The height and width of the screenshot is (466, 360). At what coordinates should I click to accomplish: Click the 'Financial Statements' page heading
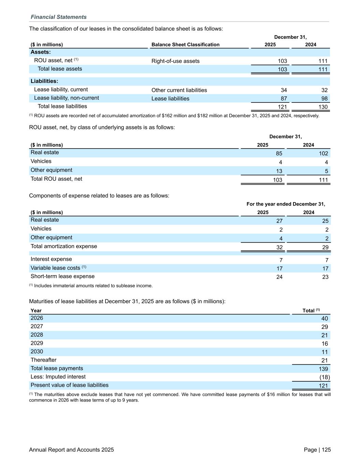58,17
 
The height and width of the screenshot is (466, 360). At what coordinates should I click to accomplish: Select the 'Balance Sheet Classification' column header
185,45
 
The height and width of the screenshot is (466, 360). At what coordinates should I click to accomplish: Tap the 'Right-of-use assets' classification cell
175,61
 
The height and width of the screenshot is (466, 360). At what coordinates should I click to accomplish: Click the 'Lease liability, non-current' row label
67,98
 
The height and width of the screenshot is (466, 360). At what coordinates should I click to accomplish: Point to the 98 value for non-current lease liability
324,99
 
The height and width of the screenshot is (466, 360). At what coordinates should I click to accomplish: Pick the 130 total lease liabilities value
323,107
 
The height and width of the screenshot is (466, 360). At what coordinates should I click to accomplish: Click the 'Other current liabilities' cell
179,90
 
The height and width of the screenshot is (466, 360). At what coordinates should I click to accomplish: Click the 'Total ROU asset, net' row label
56,179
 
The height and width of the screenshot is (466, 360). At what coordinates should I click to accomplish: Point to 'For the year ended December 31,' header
286,204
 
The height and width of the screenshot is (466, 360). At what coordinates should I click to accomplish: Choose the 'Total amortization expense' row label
64,246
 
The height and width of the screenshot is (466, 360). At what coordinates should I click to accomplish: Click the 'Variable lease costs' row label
55,268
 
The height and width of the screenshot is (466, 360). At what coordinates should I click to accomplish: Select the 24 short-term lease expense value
279,277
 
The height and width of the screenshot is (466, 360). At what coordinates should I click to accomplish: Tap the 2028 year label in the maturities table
37,335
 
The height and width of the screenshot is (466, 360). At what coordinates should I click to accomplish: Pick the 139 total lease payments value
323,369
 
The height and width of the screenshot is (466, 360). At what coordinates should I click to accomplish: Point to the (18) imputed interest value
325,378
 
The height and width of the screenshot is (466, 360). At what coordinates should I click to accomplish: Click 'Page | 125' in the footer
317,450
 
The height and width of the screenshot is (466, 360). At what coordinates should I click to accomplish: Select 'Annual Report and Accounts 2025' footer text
71,450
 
